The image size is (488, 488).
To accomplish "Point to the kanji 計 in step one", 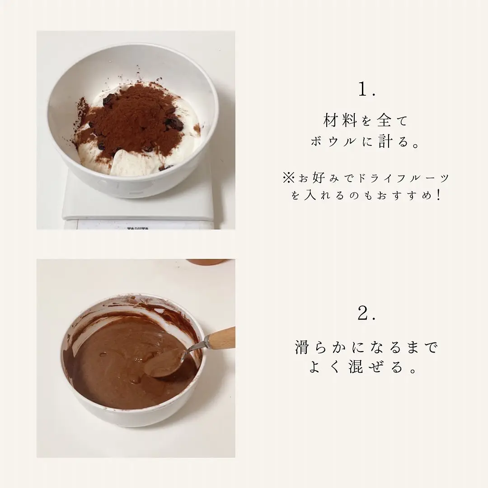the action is click(385, 141).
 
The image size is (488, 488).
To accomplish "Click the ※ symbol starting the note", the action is click(288, 178).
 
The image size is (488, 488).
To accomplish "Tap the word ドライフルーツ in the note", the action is click(404, 178).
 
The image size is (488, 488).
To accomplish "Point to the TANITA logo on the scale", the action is click(137, 229).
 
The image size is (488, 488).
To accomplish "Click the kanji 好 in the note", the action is click(319, 178).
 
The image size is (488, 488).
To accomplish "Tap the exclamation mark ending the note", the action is click(439, 195).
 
